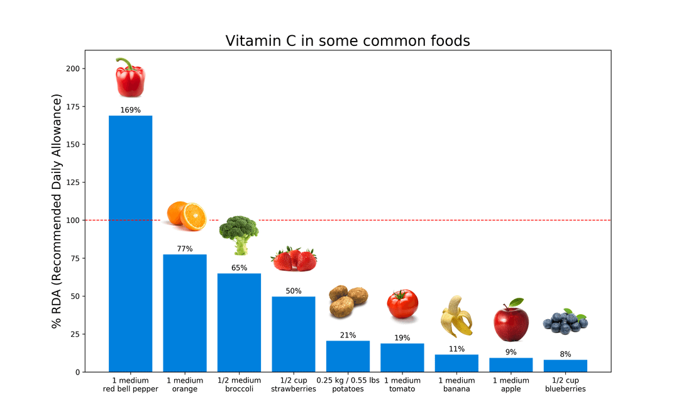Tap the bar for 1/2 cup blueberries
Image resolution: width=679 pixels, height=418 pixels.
pos(565,366)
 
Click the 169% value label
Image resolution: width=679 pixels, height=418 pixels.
pos(130,110)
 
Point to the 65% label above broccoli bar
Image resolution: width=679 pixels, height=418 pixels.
pos(239,268)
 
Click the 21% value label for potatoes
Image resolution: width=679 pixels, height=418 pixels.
pos(348,335)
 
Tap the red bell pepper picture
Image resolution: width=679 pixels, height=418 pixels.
pos(130,77)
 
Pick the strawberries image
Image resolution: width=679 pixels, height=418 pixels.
pos(294,259)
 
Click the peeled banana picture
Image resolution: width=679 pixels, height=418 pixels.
pos(456,316)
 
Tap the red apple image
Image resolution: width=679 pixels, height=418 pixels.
pos(511,320)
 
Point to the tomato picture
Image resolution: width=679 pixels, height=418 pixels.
pos(402,304)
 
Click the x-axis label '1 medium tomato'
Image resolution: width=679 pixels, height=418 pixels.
pos(402,385)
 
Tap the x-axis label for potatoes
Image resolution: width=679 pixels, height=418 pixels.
pos(348,385)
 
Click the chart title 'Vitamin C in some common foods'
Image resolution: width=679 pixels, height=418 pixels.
pos(348,41)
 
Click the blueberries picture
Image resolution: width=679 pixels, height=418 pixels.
pos(565,321)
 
